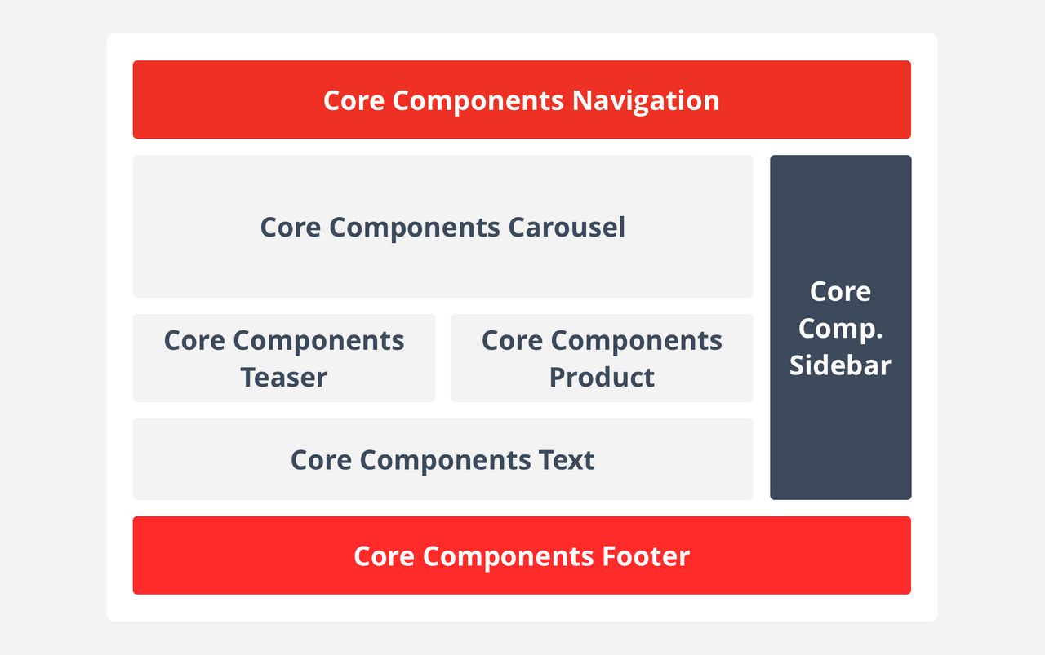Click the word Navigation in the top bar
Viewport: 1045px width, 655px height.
(645, 100)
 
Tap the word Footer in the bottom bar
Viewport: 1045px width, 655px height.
(646, 556)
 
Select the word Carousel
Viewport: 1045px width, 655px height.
(567, 227)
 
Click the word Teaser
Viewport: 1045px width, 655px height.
(283, 377)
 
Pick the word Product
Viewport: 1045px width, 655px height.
(602, 377)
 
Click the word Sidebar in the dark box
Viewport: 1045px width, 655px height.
(840, 365)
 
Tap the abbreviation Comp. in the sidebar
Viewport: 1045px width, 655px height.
(840, 328)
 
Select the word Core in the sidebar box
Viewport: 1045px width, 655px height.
(840, 291)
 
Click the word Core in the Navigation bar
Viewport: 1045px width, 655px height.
(354, 100)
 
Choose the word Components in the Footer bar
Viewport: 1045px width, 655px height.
(509, 556)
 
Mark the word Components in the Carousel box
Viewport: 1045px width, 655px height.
(415, 227)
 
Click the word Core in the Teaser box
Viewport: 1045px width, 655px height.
(194, 340)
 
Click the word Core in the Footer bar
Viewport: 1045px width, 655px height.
(384, 556)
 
